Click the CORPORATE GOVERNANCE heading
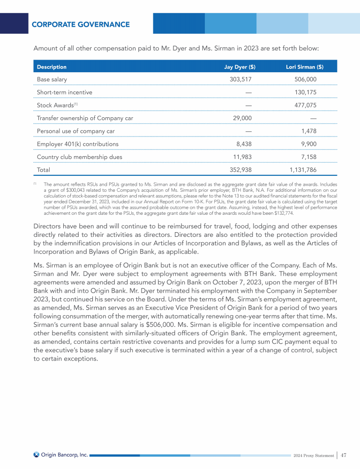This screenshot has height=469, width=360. tap(81, 24)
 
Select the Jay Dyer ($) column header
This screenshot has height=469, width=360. tap(240, 67)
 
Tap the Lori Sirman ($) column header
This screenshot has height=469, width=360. tap(304, 67)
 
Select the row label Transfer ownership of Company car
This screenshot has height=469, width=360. tap(85, 118)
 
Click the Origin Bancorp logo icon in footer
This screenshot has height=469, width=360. tap(36, 454)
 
